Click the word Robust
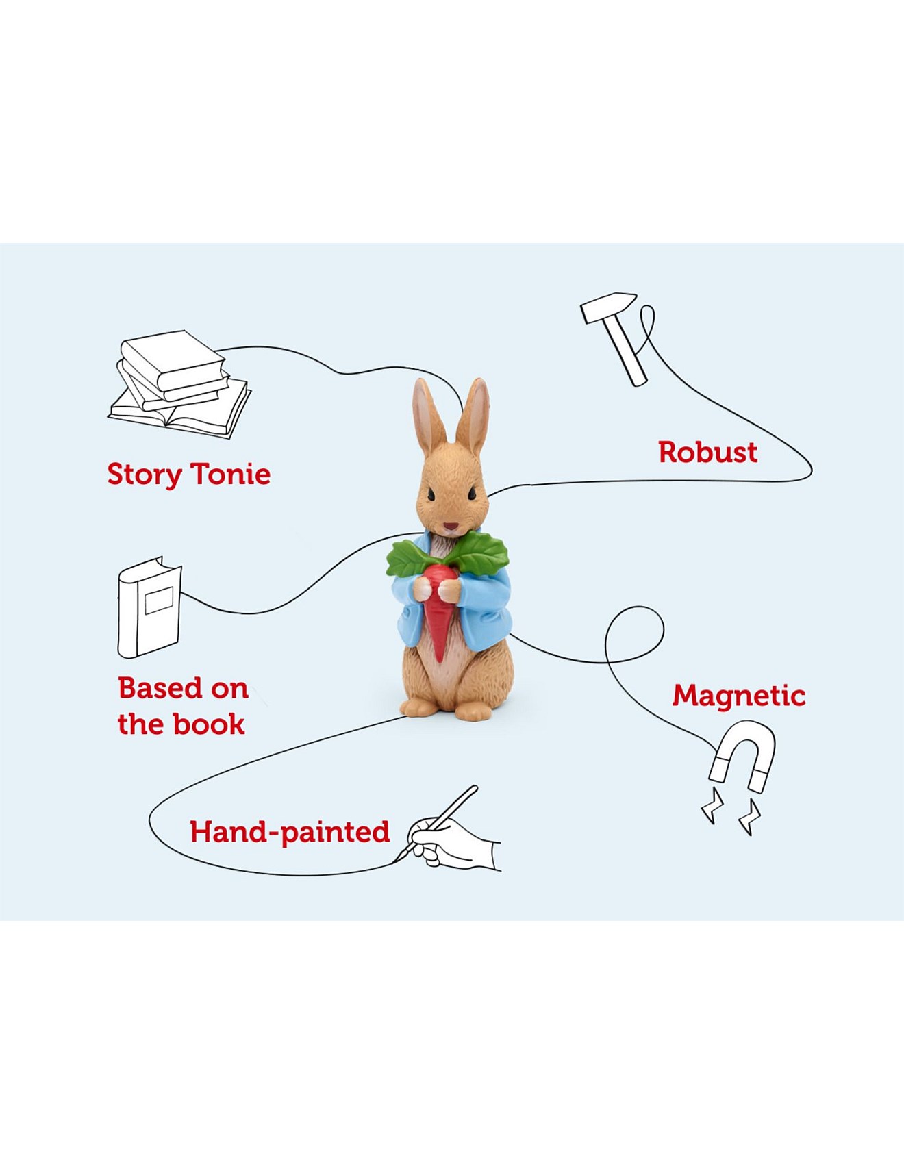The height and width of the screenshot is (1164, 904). coord(707,452)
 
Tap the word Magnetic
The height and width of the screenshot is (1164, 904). coord(739,696)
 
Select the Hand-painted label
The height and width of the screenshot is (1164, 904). coord(290,832)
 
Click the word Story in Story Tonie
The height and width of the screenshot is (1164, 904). coord(145,475)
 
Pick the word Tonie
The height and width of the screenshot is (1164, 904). coord(231,473)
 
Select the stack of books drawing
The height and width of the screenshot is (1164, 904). coord(179,383)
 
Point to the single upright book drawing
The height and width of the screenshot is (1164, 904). coord(149,607)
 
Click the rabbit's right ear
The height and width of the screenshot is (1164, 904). coord(474,416)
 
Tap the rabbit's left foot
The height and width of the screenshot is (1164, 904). coord(418,707)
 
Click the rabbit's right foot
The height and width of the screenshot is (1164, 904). coord(474,709)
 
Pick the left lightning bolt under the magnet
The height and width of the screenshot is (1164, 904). coord(712,806)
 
